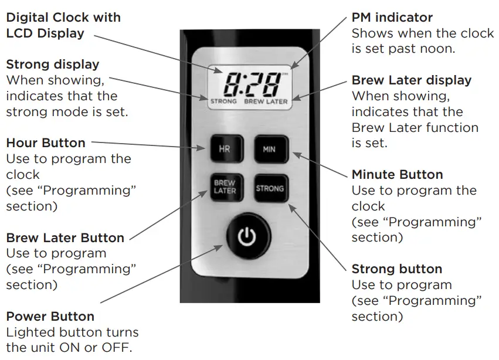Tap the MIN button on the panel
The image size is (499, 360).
click(269, 150)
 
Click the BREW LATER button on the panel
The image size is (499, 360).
click(225, 188)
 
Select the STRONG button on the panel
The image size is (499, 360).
click(270, 188)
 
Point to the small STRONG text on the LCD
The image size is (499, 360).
click(223, 101)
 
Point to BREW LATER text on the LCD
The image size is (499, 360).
click(266, 101)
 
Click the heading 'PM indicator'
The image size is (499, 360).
click(392, 18)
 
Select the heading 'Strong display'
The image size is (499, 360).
click(53, 64)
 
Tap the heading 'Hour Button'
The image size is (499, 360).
click(46, 142)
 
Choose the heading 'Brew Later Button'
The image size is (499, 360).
click(65, 237)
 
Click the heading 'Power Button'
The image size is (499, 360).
click(50, 316)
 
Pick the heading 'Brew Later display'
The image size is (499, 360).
click(412, 80)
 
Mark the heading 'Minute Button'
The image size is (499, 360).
click(397, 174)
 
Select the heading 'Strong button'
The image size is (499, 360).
click(397, 269)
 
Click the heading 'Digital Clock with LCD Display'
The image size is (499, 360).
click(63, 25)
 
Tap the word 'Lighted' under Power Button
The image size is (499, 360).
click(30, 332)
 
